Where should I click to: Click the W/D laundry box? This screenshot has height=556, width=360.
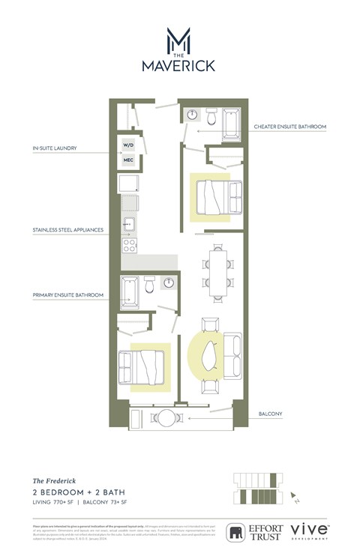point(127,145)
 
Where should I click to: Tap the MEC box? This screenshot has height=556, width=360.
point(127,160)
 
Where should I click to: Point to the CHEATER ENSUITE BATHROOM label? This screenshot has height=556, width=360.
point(289,127)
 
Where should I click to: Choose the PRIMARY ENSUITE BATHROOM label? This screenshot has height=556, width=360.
point(67,295)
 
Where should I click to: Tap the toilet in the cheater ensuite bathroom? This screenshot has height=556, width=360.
point(211,117)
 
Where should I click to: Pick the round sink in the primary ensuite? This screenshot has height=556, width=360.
point(169,283)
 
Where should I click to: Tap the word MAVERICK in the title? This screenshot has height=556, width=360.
point(178,66)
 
